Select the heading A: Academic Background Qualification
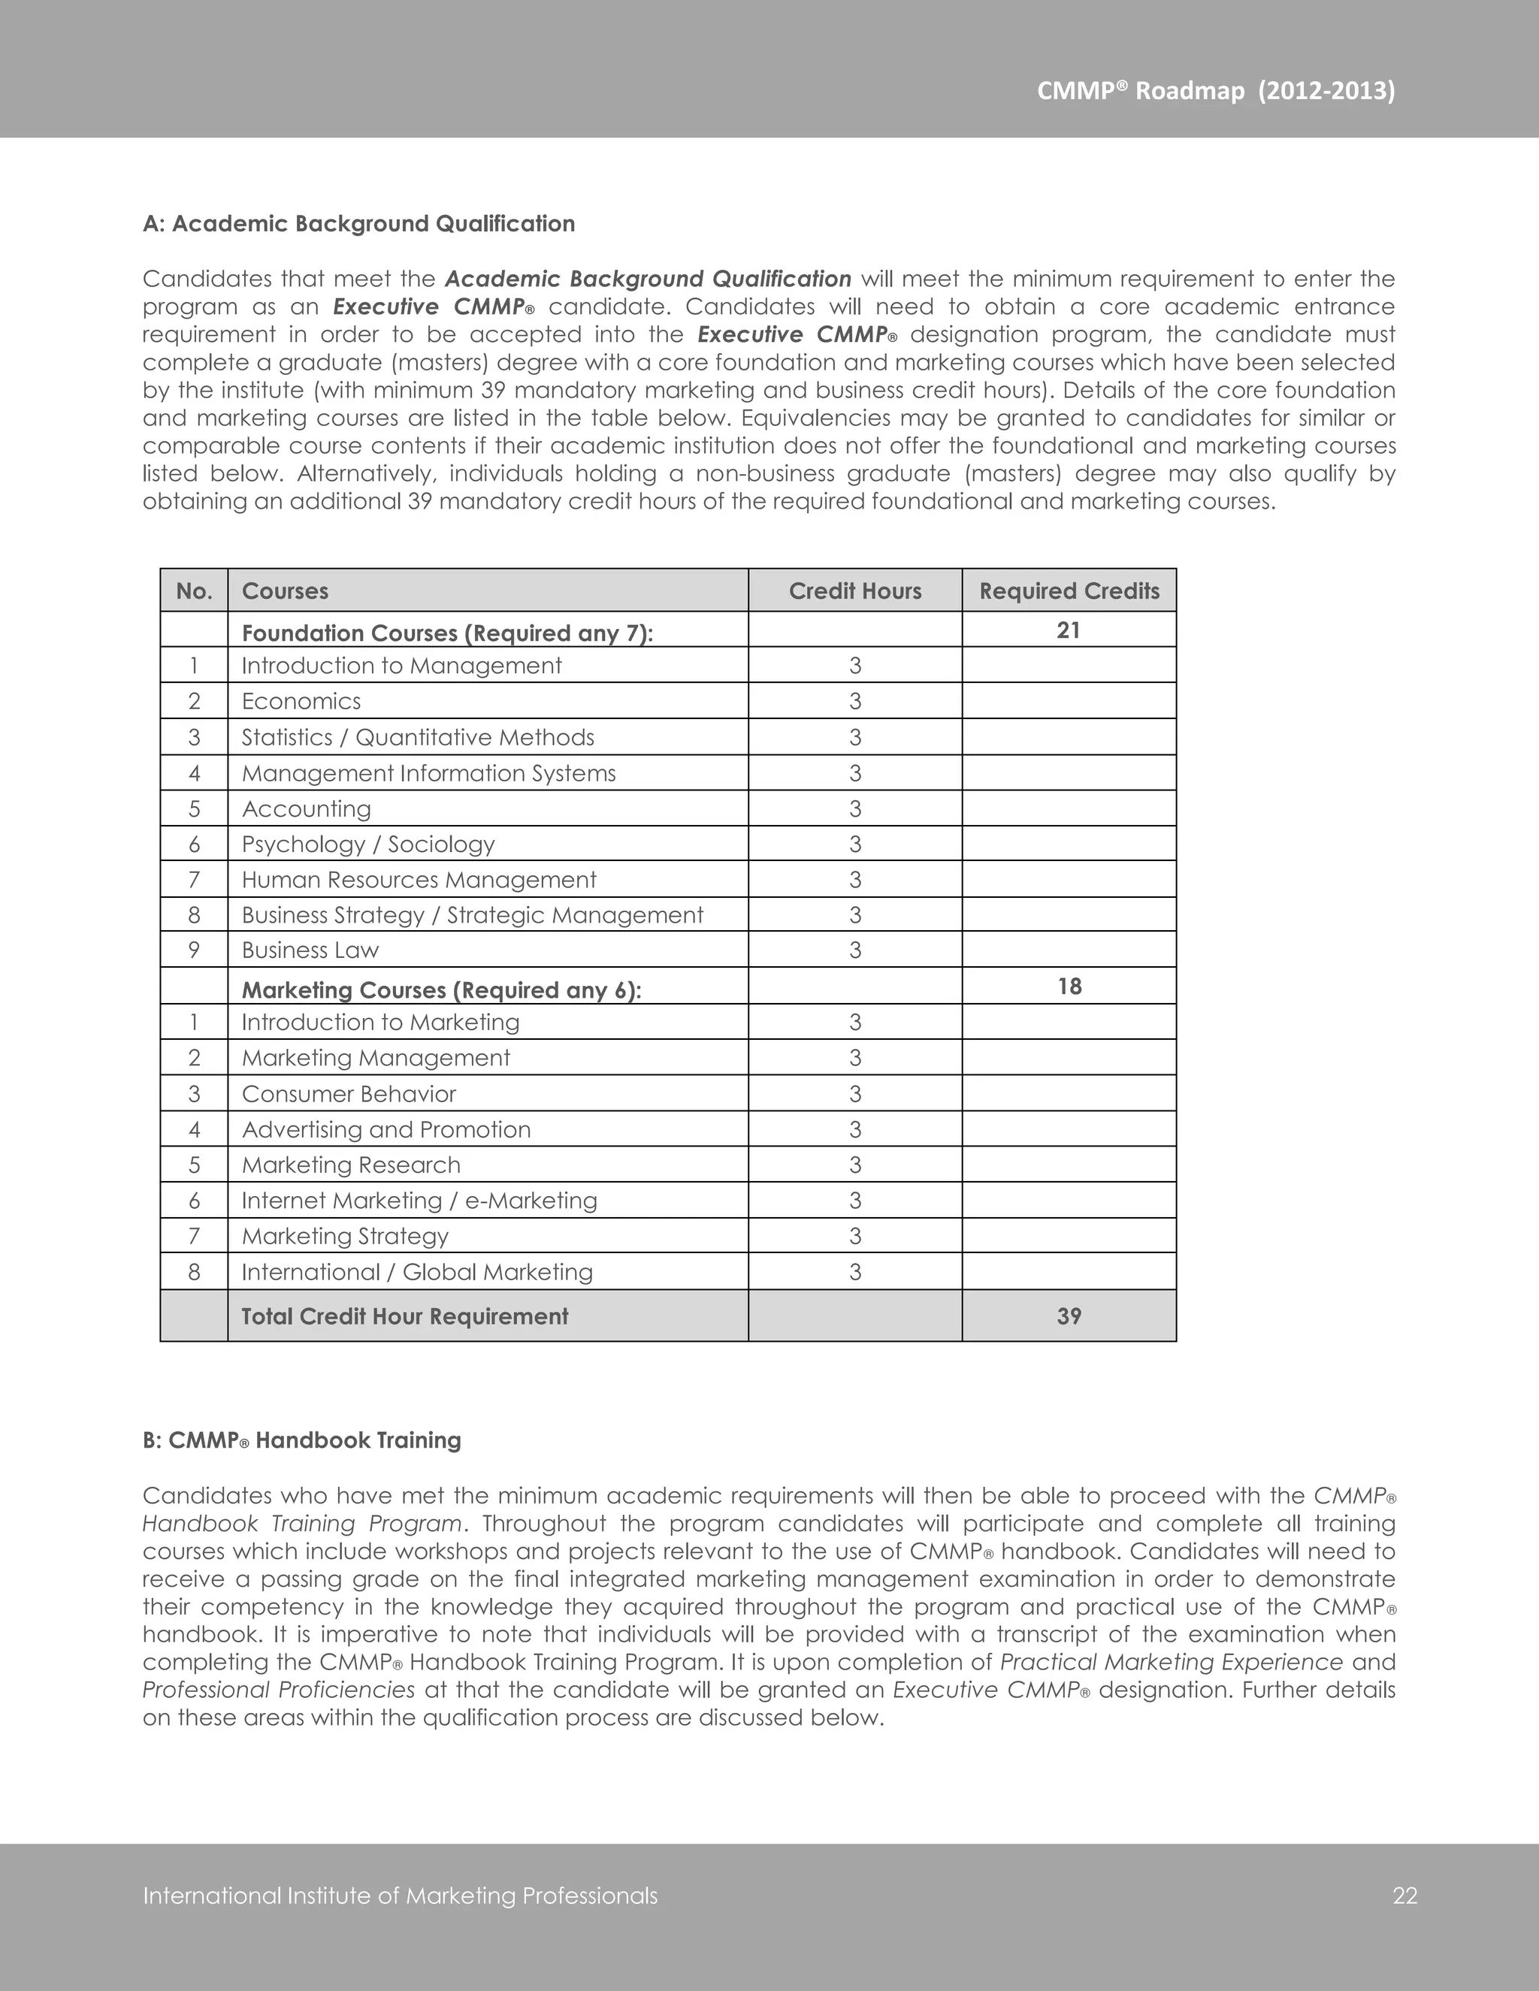(x=358, y=224)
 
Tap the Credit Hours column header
(x=854, y=591)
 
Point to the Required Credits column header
(x=1069, y=591)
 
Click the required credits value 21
(x=1068, y=630)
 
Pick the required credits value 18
(x=1069, y=986)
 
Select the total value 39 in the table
(x=1069, y=1316)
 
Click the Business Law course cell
(x=310, y=950)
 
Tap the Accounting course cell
(x=307, y=808)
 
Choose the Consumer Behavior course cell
(x=348, y=1094)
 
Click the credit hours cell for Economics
(x=854, y=701)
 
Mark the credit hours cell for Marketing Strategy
(x=854, y=1236)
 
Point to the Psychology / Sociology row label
(x=367, y=844)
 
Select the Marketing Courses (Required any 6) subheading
(x=441, y=990)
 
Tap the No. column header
(x=194, y=591)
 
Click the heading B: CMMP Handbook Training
(x=302, y=1440)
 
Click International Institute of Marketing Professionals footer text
(x=401, y=1896)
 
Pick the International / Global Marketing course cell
(x=416, y=1272)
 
